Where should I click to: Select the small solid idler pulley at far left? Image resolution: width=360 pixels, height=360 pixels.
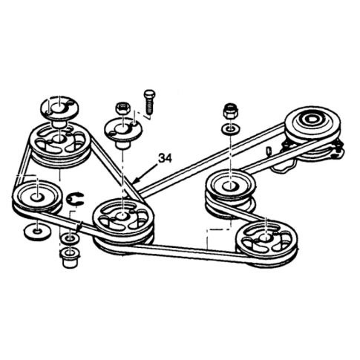tap(33, 197)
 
